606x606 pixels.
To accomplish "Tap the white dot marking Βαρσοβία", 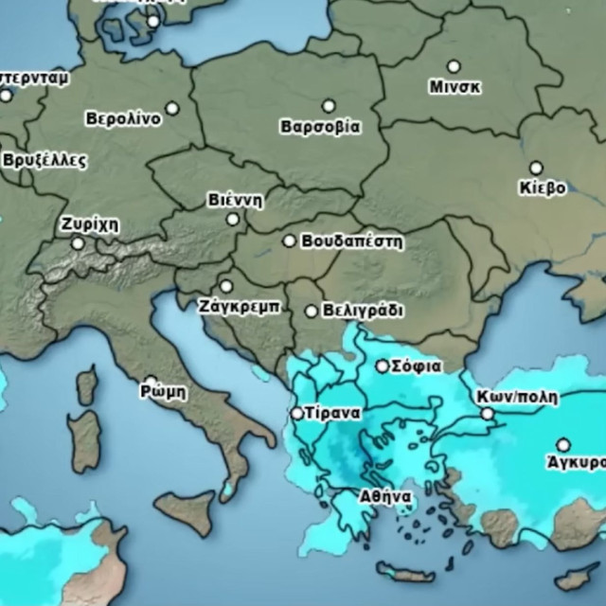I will coord(329,106).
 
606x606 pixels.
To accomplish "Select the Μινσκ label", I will coord(455,87).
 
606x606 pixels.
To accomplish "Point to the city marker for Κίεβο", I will coord(536,168).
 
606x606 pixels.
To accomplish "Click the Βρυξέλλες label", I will coord(44,160).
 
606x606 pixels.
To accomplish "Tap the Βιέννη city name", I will coord(235,201).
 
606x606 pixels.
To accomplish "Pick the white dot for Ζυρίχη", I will coord(78,243).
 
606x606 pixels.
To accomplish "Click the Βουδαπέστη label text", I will coord(352,242).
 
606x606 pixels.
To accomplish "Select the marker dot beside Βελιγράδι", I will coord(312,311).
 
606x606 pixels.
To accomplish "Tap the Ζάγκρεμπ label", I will coord(239,307).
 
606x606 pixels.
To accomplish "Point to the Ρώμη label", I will coord(164,391).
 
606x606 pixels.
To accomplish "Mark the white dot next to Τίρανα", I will coord(296,414).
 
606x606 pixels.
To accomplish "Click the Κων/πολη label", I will coord(518,397).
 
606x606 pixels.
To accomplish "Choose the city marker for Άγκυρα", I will coord(563,444).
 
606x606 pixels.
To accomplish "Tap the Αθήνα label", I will coord(384,496).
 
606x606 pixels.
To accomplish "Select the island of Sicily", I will coord(186,512).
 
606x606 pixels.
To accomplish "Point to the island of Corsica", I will coord(87,385).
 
